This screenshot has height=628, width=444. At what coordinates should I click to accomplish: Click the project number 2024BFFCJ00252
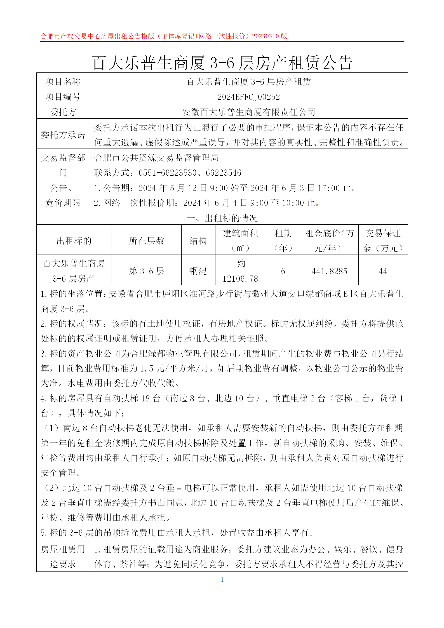click(248, 97)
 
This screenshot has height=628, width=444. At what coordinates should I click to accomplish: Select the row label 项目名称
click(63, 82)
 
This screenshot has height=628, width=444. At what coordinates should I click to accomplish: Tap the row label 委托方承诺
click(63, 135)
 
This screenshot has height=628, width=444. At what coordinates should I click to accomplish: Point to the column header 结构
click(198, 241)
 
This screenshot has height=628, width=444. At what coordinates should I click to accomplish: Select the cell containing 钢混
click(198, 271)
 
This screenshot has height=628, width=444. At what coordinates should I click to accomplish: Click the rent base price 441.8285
click(329, 271)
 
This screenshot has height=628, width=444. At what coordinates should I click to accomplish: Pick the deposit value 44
click(383, 271)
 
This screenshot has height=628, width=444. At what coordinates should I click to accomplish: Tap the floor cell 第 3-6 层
click(146, 271)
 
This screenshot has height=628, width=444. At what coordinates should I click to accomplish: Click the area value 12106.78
click(240, 279)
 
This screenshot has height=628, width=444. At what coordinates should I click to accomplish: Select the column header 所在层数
click(146, 241)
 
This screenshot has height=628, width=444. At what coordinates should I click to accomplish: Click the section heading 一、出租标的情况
click(222, 218)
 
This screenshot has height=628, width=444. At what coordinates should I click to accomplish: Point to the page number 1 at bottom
click(222, 580)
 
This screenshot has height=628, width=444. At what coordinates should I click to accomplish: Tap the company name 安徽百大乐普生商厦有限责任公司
click(248, 112)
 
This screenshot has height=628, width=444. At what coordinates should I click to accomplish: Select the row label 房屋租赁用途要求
click(63, 557)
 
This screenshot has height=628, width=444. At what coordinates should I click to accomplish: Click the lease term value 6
click(283, 271)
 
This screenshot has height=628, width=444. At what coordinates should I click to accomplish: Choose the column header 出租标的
click(74, 241)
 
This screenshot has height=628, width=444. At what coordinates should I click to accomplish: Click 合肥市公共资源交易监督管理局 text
click(156, 158)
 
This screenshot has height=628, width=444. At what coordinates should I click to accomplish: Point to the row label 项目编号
click(63, 97)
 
